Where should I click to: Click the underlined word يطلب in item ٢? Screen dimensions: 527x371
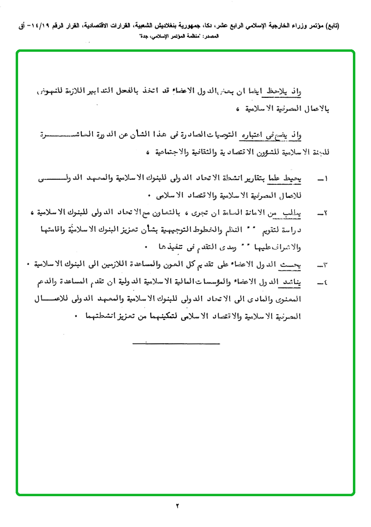tap(294, 213)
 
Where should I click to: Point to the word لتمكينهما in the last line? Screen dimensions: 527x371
tap(157, 316)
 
